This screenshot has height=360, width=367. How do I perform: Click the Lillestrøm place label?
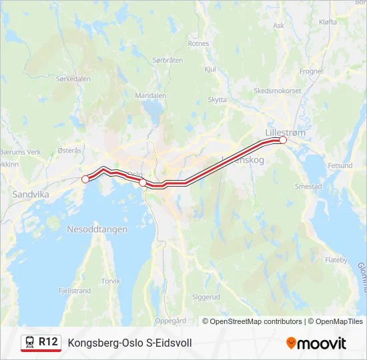tap(285, 132)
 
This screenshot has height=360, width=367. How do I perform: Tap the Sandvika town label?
tap(27, 195)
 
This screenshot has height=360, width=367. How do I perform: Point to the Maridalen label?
tap(150, 95)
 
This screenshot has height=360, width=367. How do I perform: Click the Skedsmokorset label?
tap(278, 91)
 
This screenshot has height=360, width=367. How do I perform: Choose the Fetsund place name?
tap(340, 165)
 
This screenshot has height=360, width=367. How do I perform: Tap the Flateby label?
tap(336, 260)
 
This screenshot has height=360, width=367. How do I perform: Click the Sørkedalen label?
tap(73, 79)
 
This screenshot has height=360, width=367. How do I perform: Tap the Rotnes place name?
tap(199, 43)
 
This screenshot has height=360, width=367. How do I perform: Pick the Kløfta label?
tap(328, 22)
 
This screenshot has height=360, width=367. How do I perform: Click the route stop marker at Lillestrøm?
tap(283, 140)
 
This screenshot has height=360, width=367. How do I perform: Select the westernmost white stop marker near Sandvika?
tap(85, 179)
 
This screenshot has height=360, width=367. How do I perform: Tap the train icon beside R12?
tap(30, 343)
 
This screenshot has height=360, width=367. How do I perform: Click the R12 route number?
tap(49, 342)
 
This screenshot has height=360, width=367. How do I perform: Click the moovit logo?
tap(316, 343)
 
